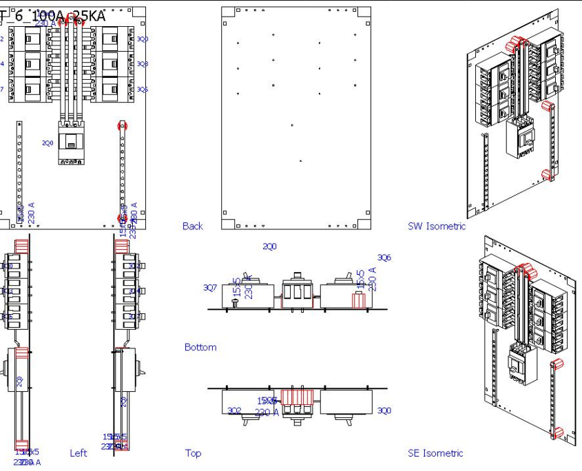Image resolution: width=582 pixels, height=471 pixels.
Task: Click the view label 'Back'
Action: pyautogui.click(x=193, y=226)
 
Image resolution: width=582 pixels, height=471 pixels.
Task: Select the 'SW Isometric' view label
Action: pyautogui.click(x=436, y=226)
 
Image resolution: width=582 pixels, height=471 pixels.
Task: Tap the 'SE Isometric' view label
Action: pyautogui.click(x=435, y=453)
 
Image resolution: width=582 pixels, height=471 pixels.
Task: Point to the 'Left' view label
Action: pyautogui.click(x=79, y=453)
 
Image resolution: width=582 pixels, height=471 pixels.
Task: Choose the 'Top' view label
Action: pyautogui.click(x=193, y=453)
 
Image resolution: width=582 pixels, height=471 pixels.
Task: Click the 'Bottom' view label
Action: pyautogui.click(x=200, y=347)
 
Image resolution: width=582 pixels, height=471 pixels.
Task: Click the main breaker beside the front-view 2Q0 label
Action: pyautogui.click(x=71, y=144)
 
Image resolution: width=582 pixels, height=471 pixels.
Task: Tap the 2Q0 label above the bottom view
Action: pyautogui.click(x=269, y=246)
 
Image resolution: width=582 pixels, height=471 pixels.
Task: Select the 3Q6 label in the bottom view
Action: pyautogui.click(x=384, y=258)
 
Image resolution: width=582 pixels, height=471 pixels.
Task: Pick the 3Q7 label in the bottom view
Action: pyautogui.click(x=209, y=287)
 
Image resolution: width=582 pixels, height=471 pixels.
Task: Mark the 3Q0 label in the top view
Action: pyautogui.click(x=384, y=410)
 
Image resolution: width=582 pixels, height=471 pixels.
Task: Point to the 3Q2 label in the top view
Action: pyautogui.click(x=234, y=410)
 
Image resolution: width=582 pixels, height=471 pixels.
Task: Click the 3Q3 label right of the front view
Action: pyautogui.click(x=142, y=64)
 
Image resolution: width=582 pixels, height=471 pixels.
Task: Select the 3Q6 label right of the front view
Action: pyautogui.click(x=142, y=90)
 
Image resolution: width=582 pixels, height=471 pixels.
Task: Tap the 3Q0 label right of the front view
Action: pyautogui.click(x=142, y=39)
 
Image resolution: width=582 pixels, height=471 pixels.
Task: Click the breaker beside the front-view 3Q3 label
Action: pyautogui.click(x=112, y=64)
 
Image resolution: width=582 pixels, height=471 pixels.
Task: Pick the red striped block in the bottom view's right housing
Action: pyautogui.click(x=357, y=300)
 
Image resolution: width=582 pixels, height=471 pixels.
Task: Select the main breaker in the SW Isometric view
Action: pyautogui.click(x=521, y=138)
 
